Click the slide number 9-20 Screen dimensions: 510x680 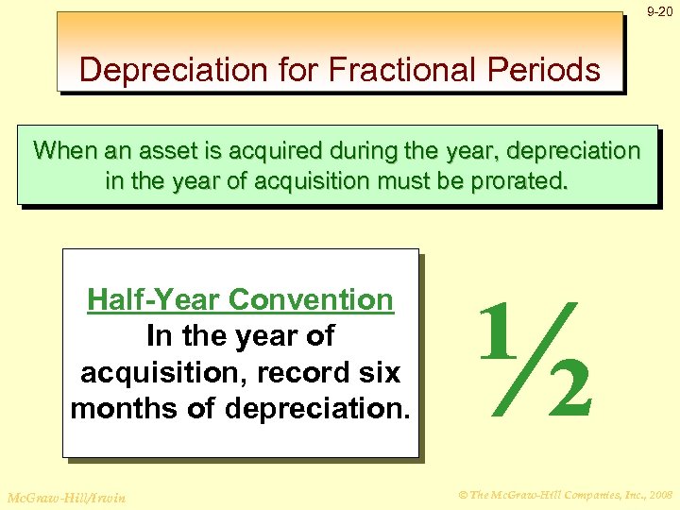(x=659, y=12)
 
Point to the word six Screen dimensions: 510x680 (x=380, y=373)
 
